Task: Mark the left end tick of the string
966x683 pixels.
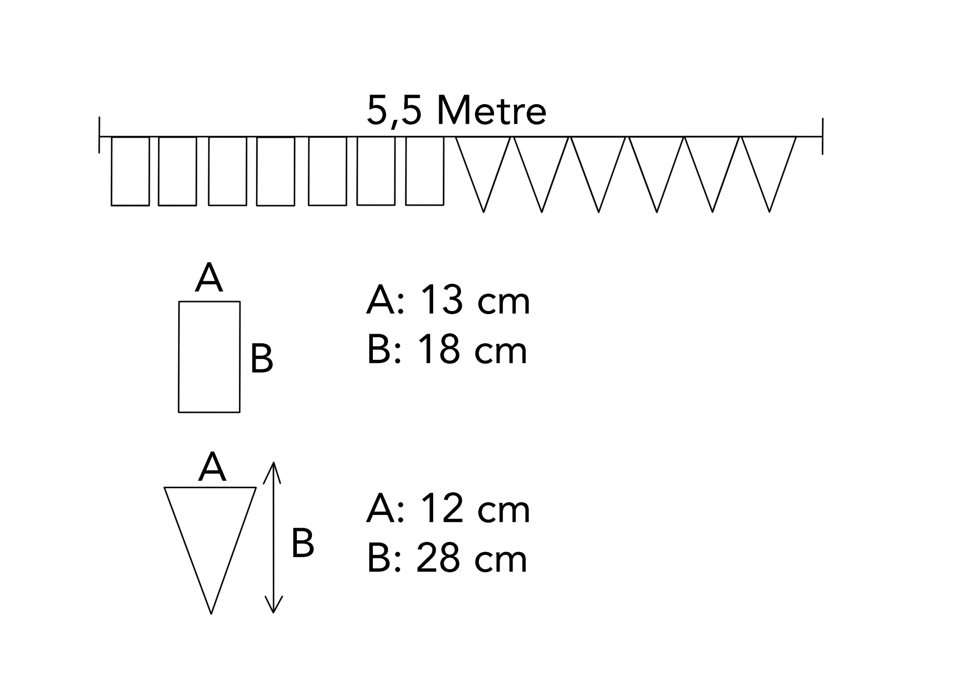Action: (100, 135)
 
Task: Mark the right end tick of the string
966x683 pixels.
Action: (823, 136)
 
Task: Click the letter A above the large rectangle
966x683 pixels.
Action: (209, 278)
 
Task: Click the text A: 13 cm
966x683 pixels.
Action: (448, 300)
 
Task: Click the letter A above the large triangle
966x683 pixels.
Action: (212, 467)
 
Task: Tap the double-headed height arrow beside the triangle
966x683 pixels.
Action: (273, 538)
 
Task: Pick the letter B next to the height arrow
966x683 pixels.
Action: (303, 544)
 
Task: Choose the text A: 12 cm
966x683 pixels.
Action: (448, 509)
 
